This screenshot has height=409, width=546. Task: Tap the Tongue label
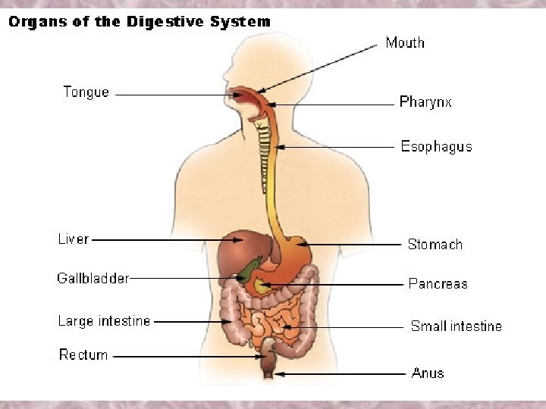86,92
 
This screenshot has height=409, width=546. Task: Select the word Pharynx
425,101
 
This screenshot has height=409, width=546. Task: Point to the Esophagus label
436,146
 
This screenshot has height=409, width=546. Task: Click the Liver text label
74,239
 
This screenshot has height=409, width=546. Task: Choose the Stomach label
435,244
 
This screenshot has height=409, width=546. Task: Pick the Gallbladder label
93,278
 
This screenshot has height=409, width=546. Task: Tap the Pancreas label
438,284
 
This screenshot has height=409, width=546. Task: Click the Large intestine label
104,321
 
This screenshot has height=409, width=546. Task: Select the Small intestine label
456,326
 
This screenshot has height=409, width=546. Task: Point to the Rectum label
83,354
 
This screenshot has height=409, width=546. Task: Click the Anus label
428,373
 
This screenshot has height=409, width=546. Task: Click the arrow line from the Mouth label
318,68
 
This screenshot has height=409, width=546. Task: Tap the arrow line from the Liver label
152,239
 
